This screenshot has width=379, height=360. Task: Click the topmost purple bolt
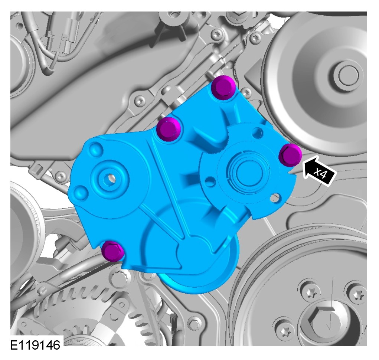[223, 87]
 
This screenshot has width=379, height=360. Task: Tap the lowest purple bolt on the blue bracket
[113, 251]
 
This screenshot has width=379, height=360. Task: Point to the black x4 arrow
[320, 171]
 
